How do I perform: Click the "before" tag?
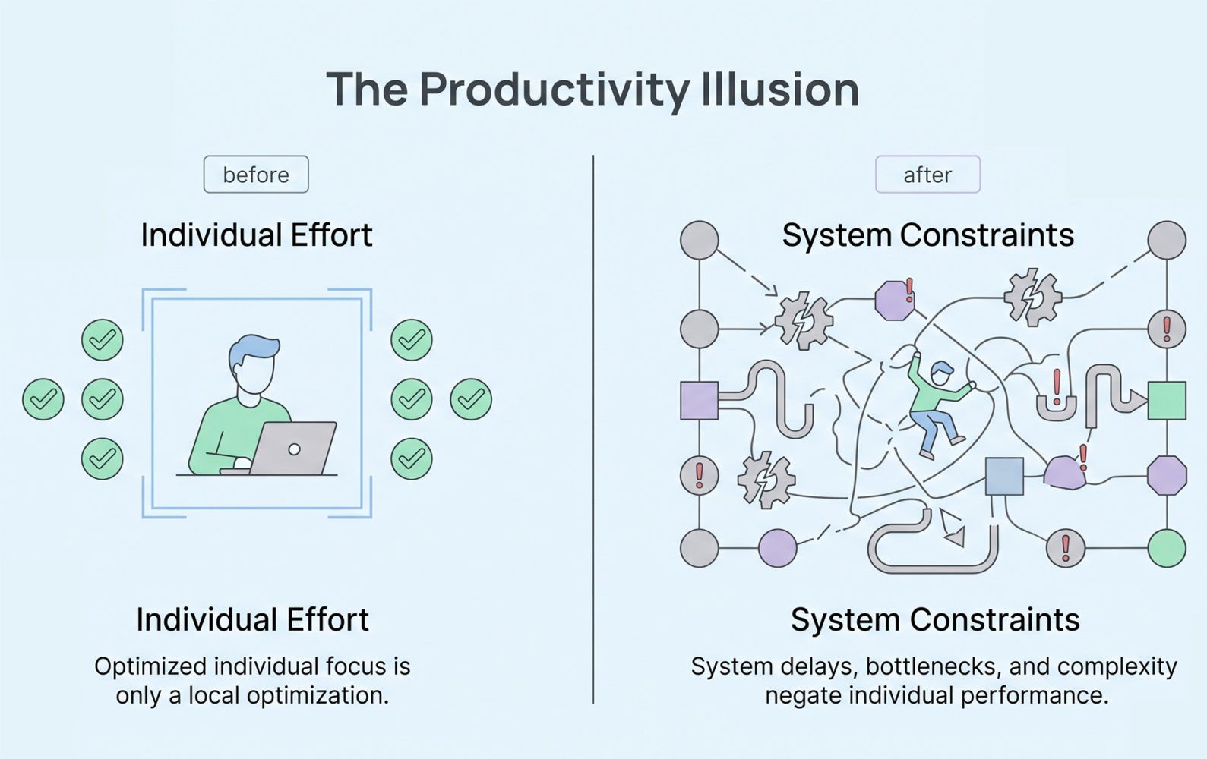(256, 175)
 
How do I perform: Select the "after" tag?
(927, 175)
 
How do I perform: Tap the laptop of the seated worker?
(294, 449)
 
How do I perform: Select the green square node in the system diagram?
(1166, 401)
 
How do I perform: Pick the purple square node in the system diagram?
(699, 401)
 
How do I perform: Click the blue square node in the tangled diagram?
(1004, 476)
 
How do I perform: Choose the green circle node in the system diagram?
(1166, 548)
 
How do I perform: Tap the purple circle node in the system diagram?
(778, 548)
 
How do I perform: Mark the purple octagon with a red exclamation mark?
(895, 300)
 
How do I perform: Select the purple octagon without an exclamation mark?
(1166, 476)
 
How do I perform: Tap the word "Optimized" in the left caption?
(150, 666)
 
